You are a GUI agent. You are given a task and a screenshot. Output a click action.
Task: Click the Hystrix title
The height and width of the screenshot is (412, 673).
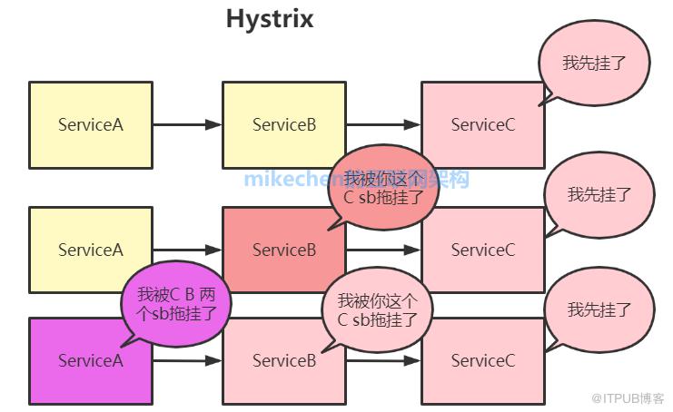coord(270,19)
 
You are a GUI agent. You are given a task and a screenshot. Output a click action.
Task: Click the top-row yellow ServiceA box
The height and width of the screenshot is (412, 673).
coord(90,124)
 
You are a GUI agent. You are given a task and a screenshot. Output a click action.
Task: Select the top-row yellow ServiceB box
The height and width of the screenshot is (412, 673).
coord(284,124)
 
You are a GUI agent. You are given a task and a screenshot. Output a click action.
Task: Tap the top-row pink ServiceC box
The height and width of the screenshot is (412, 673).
coord(482,124)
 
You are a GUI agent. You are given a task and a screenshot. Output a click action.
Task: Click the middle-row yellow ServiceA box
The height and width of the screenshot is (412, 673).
coord(90,250)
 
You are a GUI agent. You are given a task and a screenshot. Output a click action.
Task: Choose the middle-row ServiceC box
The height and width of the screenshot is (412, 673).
coord(482,250)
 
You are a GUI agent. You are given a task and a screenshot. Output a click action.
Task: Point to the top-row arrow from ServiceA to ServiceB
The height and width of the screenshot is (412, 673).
coord(187,124)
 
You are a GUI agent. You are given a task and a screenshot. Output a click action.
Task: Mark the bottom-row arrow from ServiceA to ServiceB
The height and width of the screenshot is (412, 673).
coord(187,360)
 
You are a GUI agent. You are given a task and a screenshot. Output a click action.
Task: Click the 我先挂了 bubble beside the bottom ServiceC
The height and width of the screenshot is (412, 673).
coord(599,309)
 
